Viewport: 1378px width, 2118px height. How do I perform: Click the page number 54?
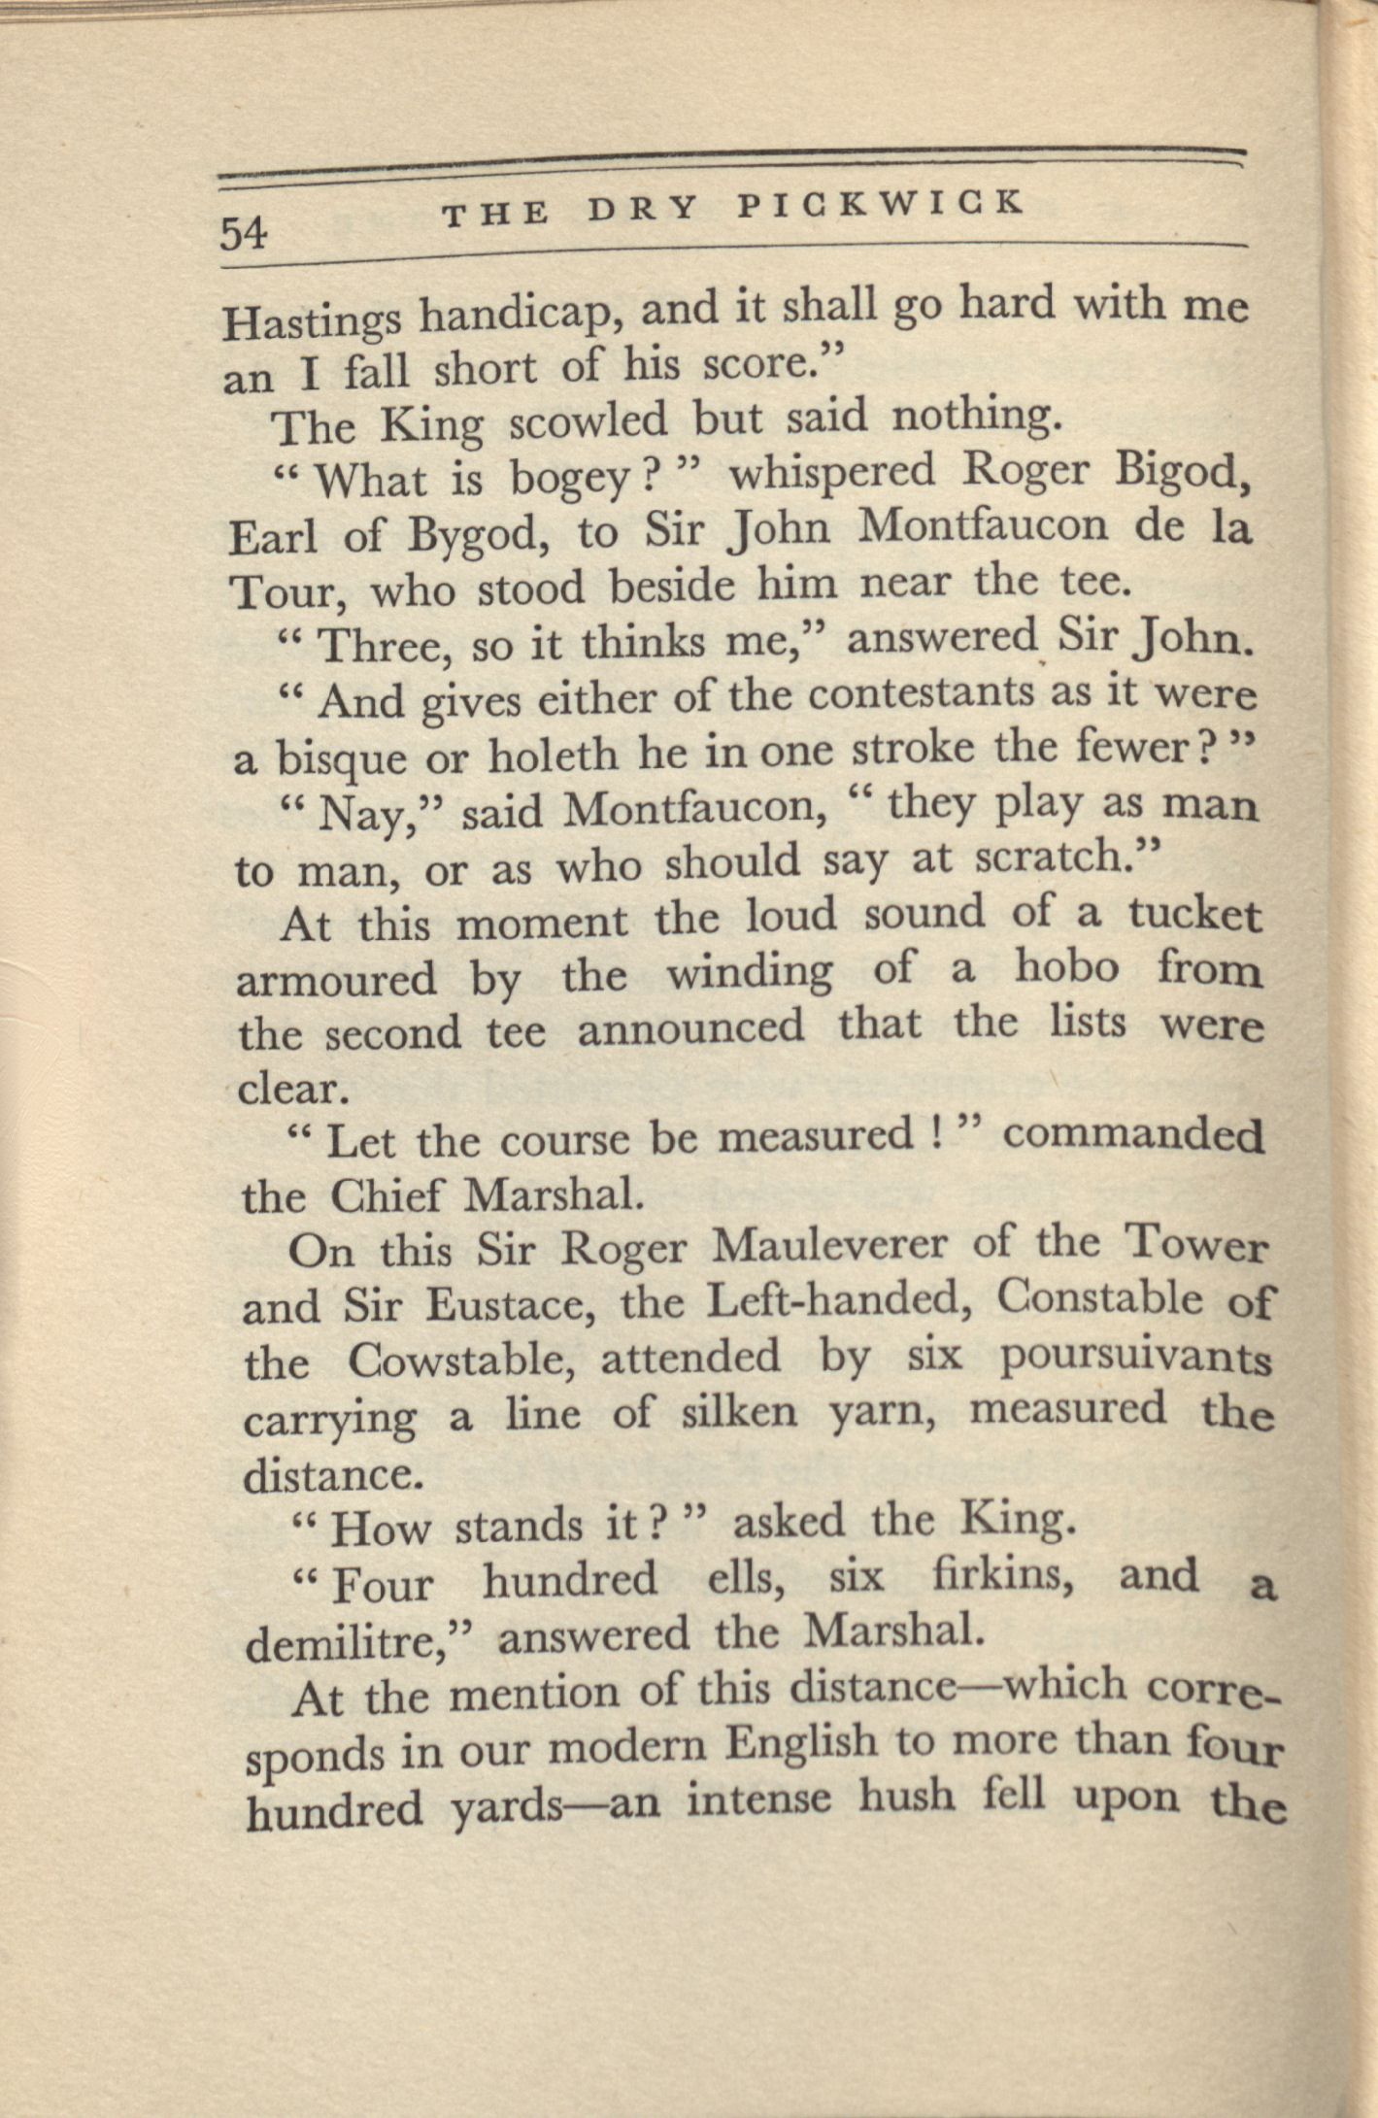click(243, 233)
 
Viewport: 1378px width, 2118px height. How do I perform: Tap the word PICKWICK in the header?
click(880, 205)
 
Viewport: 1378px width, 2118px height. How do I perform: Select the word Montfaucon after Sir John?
click(983, 525)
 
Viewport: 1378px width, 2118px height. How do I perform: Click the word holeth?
click(551, 754)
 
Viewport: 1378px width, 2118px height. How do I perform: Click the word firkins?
click(1001, 1577)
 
